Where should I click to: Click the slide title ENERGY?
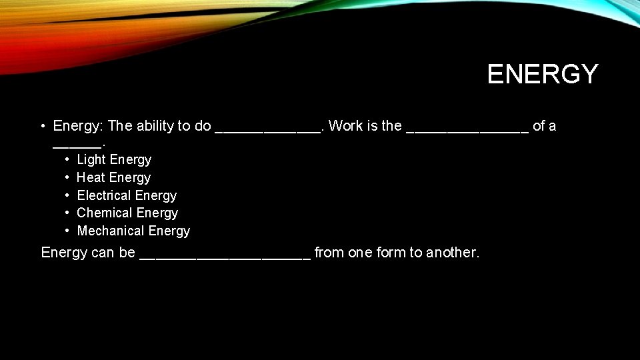coord(543,74)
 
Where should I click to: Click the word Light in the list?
coord(92,160)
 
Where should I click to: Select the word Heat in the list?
coord(91,178)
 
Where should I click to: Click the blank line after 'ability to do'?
coord(268,129)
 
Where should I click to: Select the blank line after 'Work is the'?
coord(467,129)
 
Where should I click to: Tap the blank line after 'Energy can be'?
coord(225,257)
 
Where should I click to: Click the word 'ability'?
coord(156,126)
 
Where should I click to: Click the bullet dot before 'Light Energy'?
coord(68,160)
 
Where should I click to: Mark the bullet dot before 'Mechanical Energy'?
coord(68,231)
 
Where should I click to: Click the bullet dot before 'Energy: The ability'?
coord(42,126)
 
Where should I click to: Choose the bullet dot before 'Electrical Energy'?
coord(68,196)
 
